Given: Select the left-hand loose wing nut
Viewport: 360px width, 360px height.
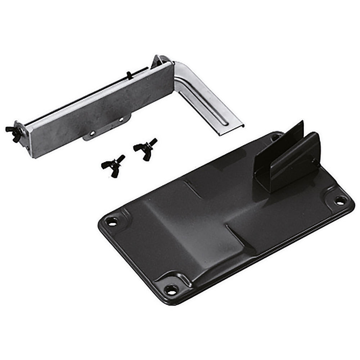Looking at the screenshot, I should coord(113,165).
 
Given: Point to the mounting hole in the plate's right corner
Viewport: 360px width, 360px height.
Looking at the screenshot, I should coord(339,201).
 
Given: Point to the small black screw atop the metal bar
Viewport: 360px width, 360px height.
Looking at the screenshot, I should coord(129,75).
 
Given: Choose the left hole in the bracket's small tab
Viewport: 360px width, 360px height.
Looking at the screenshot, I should coord(92,133).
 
